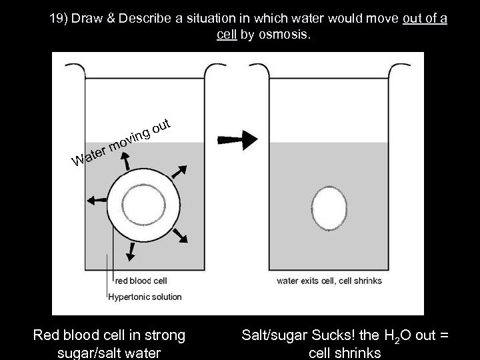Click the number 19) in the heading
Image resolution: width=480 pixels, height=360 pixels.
(61, 19)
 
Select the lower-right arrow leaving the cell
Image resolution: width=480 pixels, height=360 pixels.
(179, 235)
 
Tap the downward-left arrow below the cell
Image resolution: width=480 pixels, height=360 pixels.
(131, 251)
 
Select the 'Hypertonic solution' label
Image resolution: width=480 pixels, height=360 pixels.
(144, 296)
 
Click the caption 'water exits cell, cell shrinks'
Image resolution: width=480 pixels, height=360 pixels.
(329, 281)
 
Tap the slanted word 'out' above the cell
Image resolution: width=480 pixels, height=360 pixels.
(163, 125)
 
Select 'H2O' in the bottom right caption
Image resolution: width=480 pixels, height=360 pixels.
(396, 336)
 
